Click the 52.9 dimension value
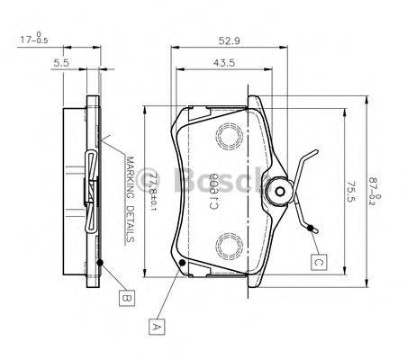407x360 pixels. point(230,39)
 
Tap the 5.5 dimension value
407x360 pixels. point(61,64)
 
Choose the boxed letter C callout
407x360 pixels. point(318,263)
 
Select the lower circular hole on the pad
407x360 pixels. point(231,242)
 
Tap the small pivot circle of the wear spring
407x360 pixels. point(280,189)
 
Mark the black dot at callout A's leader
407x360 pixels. point(183,262)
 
